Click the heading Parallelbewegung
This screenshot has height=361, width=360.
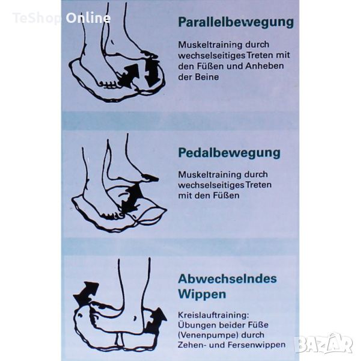236,22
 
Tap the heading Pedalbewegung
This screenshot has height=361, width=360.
230,153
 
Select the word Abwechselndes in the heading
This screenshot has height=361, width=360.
228,279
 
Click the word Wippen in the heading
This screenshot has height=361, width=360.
202,294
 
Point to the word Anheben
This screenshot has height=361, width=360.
264,66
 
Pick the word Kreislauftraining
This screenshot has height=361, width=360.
213,315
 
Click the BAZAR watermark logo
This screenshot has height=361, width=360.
325,343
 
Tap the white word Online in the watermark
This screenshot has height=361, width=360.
88,18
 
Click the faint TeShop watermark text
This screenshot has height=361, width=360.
36,18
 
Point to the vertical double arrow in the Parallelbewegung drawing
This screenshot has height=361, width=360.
152,73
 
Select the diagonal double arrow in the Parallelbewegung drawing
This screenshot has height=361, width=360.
129,76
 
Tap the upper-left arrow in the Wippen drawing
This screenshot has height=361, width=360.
85,293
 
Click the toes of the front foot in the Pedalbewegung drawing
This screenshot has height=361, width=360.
112,215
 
